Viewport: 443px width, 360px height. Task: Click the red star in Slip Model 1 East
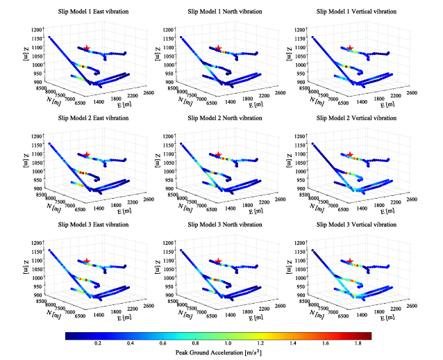pos(86,48)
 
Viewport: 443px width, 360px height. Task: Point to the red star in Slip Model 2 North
pos(218,154)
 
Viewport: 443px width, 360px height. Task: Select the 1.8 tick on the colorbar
pos(358,343)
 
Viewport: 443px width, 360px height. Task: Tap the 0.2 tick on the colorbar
pos(98,343)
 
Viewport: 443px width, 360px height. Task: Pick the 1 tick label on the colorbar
pos(228,343)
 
